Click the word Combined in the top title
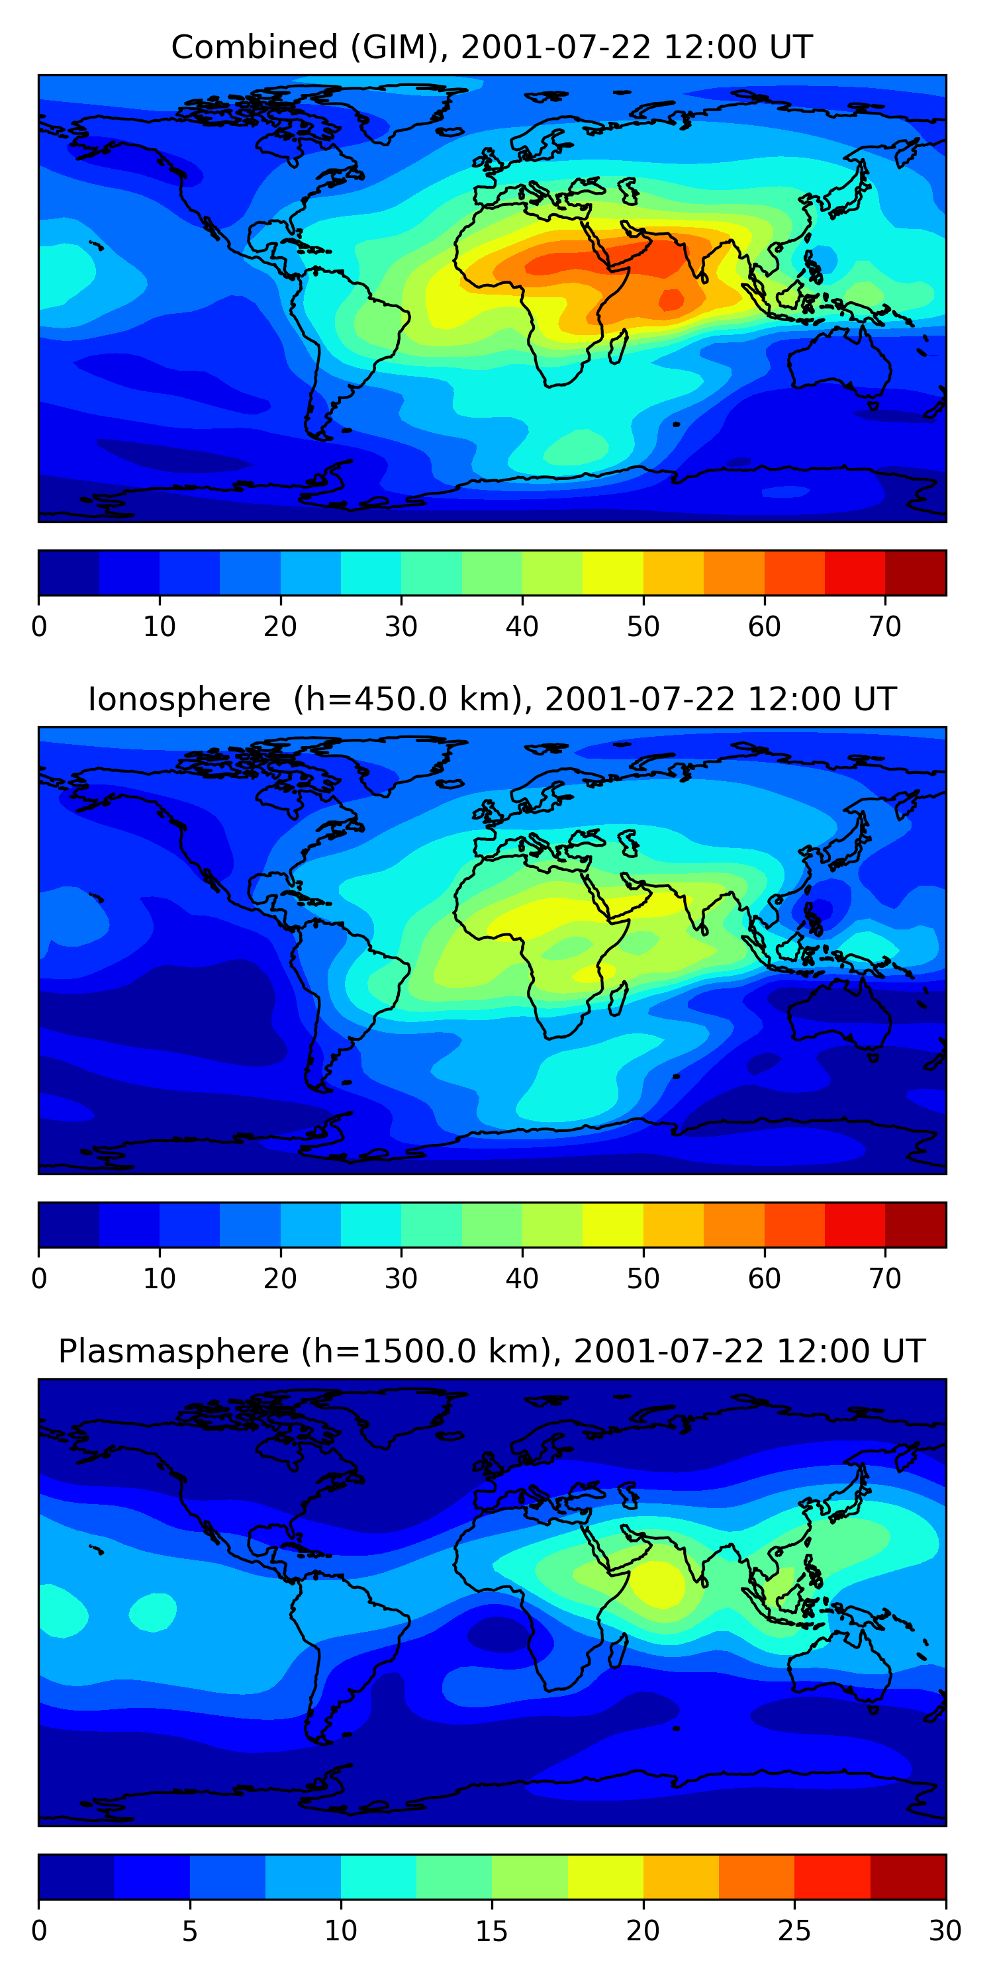(254, 47)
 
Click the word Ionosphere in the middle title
(179, 699)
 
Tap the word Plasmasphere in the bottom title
(173, 1352)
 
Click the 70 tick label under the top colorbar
(885, 627)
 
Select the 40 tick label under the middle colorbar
(522, 1279)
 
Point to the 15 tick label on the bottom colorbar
(491, 1931)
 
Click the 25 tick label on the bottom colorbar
(794, 1931)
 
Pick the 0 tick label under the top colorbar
(38, 627)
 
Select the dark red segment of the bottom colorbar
(908, 1877)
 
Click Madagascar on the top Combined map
(617, 347)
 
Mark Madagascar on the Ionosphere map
(617, 999)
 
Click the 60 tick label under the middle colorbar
(764, 1279)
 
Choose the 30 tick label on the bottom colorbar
(945, 1931)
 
